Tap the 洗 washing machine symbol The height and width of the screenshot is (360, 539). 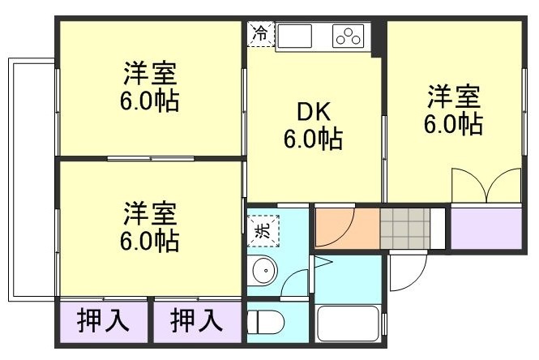point(263,230)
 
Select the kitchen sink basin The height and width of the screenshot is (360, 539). point(296,36)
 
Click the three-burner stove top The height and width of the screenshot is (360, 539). point(349,36)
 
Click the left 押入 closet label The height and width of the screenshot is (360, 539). point(103,321)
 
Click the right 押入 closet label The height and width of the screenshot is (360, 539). point(197,321)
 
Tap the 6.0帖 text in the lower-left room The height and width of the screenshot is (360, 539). point(150,240)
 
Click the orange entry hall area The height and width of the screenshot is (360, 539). point(346,228)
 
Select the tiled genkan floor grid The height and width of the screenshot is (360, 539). point(404,227)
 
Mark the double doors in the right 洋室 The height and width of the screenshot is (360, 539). point(486,187)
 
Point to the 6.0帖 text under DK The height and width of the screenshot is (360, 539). point(312,139)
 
